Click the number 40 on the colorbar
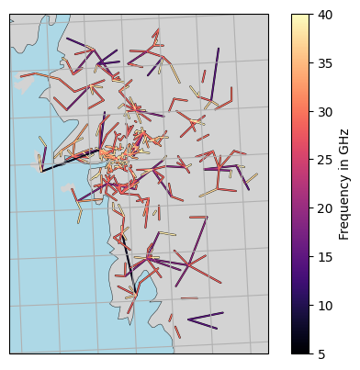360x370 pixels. [325, 14]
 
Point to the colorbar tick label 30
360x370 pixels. [325, 111]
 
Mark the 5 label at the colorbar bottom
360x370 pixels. [321, 353]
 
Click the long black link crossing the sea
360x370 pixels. [69, 160]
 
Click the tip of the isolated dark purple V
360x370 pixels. [189, 320]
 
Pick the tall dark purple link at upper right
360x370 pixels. [214, 73]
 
